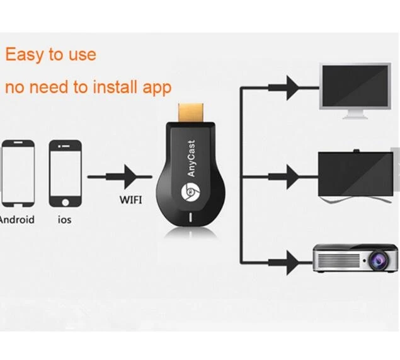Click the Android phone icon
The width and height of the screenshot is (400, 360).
point(17,173)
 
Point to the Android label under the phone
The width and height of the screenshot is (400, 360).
point(17,220)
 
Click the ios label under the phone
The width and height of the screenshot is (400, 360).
point(64,220)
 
